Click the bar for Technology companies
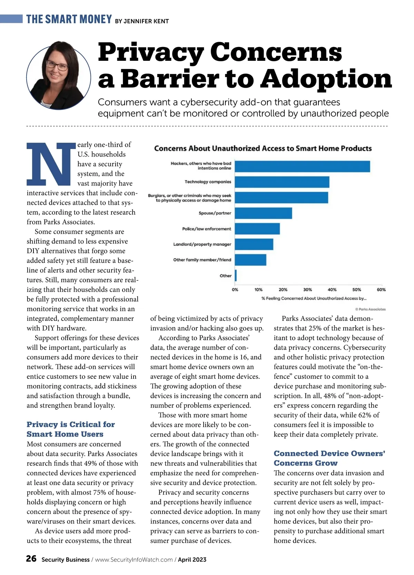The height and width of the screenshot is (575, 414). [282, 182]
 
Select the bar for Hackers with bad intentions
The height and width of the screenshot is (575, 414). [302, 166]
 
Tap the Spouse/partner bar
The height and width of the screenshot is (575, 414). [263, 213]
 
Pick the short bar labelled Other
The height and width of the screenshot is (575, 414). [236, 276]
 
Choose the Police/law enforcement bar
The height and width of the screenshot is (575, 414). [257, 229]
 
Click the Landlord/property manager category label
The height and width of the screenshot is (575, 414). [202, 245]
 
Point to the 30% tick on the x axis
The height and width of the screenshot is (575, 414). [307, 290]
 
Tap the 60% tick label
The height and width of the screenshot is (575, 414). [381, 290]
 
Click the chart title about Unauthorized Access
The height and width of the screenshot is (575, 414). [263, 148]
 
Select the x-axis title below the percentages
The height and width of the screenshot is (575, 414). [314, 298]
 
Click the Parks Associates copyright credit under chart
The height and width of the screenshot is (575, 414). [370, 309]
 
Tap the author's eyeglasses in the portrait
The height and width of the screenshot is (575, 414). [57, 65]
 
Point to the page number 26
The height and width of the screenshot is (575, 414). [31, 559]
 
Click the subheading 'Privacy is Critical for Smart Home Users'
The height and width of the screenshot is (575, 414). [71, 429]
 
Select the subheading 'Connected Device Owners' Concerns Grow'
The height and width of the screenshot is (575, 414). [329, 458]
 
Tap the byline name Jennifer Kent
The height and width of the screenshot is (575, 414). [146, 21]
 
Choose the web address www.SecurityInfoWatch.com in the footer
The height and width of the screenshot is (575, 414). [134, 560]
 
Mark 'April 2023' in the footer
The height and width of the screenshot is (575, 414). [192, 560]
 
